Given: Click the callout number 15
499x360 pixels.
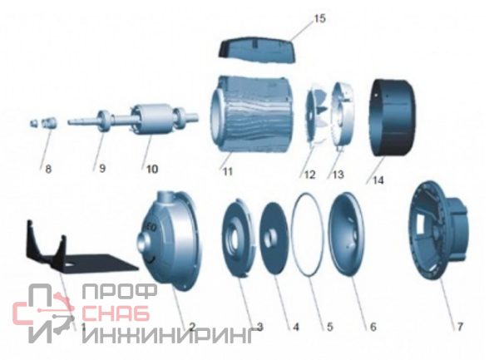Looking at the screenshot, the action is [x=320, y=18].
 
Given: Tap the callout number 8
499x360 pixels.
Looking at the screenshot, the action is [x=48, y=169].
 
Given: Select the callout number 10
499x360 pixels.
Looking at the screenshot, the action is [x=152, y=169].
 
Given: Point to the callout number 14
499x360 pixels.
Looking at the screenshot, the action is [x=378, y=180].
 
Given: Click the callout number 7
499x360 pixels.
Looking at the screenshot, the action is [x=460, y=327].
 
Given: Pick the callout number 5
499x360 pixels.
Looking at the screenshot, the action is [x=329, y=327].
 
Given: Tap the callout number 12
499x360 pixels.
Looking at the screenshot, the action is [x=309, y=175].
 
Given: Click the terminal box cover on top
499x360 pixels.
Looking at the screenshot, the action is [x=258, y=50].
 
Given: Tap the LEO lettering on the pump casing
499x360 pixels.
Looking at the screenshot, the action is [x=150, y=228].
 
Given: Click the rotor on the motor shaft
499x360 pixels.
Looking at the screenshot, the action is [x=148, y=119].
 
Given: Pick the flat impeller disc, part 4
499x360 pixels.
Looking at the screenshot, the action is [x=274, y=237].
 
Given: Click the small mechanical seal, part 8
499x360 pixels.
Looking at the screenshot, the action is [x=45, y=123].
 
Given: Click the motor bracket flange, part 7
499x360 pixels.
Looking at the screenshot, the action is [x=438, y=230].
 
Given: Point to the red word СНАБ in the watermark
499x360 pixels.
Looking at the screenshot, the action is [x=116, y=313].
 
